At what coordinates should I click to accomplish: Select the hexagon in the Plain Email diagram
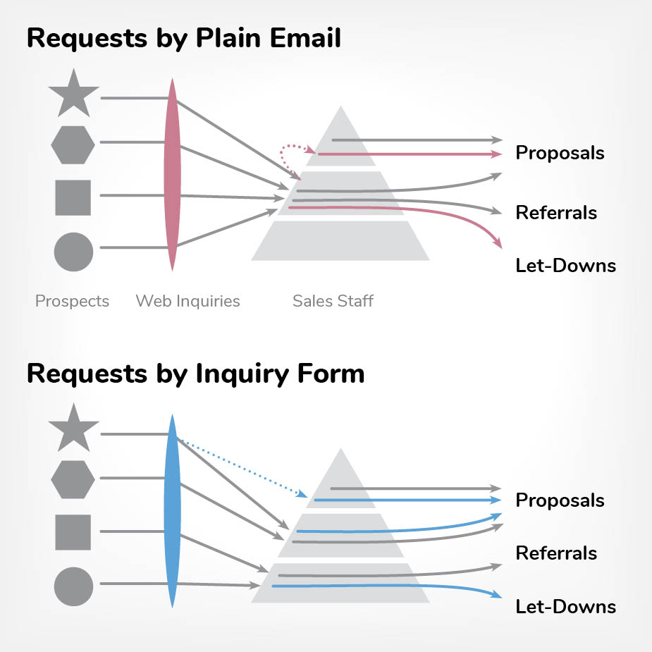click(73, 144)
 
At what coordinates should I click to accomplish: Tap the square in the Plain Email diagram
click(73, 197)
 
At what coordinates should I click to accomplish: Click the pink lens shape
click(171, 173)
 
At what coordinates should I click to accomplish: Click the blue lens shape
click(171, 511)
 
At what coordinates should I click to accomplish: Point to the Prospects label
click(72, 302)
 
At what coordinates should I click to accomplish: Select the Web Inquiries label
click(187, 302)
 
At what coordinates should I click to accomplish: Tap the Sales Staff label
click(333, 302)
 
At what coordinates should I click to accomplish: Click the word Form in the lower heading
click(328, 373)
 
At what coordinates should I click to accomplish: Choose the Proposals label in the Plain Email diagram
click(560, 153)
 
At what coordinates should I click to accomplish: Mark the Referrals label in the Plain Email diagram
click(556, 213)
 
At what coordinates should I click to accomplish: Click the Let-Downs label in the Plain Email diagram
click(565, 266)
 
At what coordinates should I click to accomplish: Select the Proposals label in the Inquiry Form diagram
click(560, 500)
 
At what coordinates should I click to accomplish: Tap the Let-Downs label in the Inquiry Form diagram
click(565, 607)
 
